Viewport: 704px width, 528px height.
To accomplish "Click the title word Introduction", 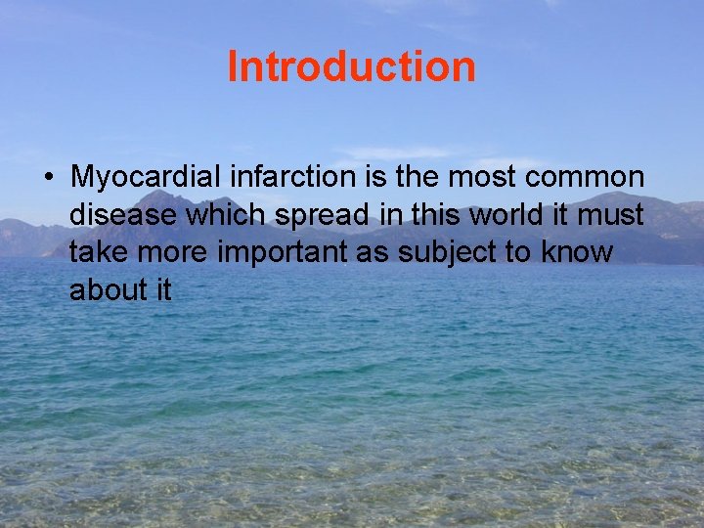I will [x=351, y=67].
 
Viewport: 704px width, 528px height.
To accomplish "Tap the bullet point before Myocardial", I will [x=47, y=178].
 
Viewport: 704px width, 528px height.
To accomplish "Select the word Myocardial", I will [x=147, y=178].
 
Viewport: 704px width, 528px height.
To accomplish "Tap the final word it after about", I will [x=162, y=289].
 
